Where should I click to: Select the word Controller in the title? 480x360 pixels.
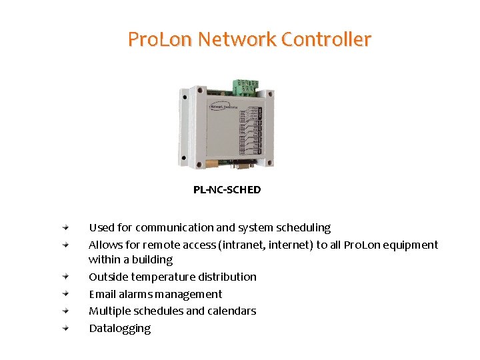tap(326, 40)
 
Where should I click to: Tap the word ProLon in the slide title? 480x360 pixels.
tap(160, 40)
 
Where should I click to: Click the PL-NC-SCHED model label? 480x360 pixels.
tap(227, 190)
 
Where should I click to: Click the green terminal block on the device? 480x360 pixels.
tap(245, 87)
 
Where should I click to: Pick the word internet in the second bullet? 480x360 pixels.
tap(291, 245)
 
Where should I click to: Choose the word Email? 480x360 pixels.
tap(102, 294)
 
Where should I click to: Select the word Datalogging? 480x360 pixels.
tap(120, 328)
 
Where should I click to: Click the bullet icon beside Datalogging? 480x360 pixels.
tap(67, 328)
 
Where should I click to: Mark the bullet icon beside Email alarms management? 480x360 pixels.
tap(67, 294)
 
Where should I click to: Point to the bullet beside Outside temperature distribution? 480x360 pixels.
tap(67, 277)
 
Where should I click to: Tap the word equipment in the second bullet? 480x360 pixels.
tap(408, 245)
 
